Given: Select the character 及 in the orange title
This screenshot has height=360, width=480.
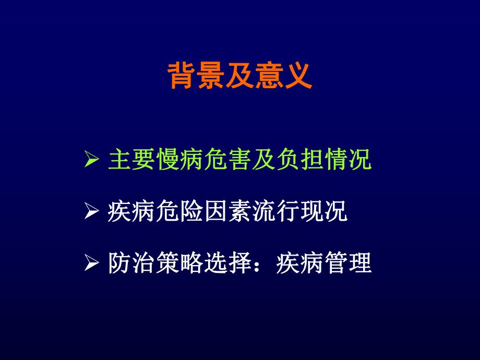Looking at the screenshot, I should tap(239, 76).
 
